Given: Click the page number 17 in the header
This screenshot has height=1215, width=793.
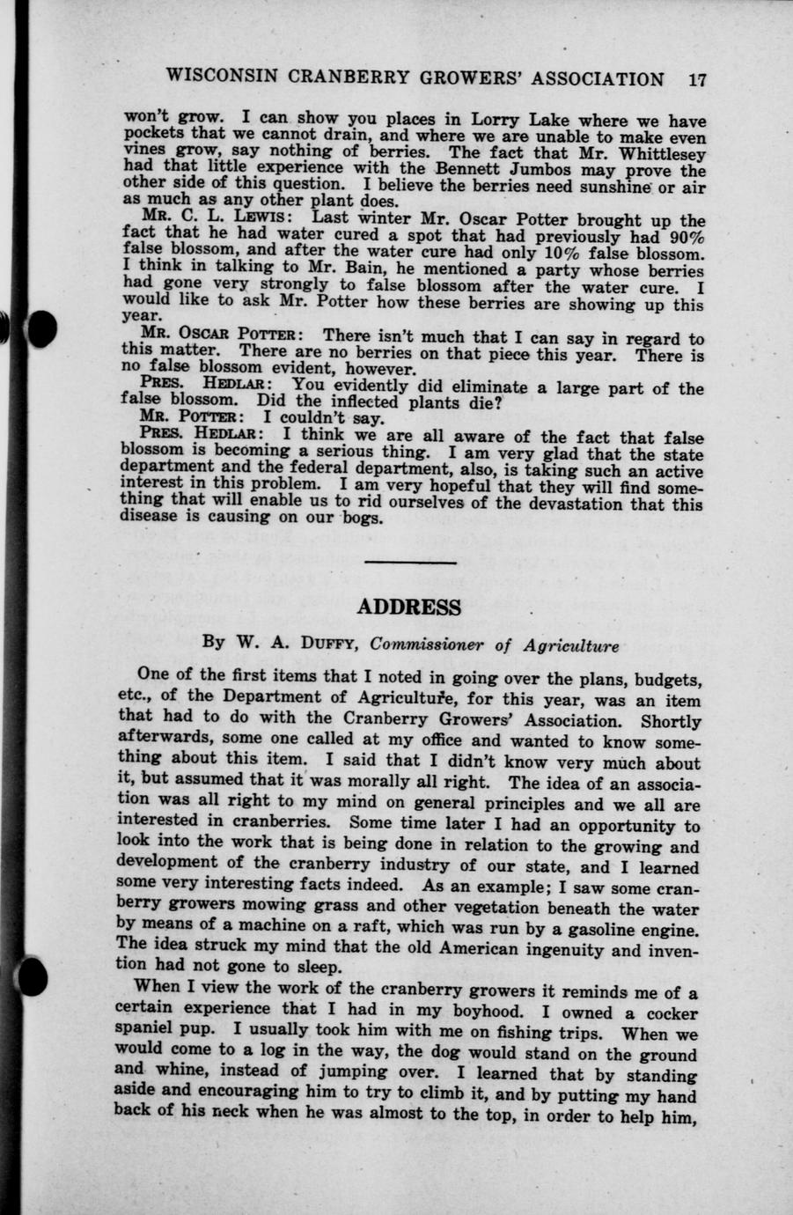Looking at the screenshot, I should coord(697,78).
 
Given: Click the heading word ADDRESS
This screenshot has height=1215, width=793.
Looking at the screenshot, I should coord(410,607).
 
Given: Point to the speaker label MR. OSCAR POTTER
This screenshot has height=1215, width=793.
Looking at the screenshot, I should coord(223,336).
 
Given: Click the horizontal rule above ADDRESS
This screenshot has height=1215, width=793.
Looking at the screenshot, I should coord(410,563).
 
